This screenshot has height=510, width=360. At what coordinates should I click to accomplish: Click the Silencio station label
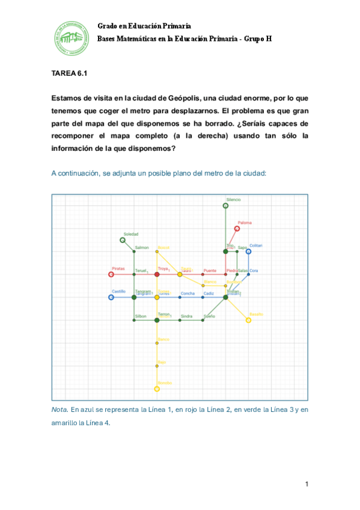(x=234, y=200)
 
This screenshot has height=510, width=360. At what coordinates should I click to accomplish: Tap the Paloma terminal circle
(x=237, y=229)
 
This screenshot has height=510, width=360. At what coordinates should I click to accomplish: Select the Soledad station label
(x=131, y=234)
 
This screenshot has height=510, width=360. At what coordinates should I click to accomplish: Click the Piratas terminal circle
(x=111, y=274)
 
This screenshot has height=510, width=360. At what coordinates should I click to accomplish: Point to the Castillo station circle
(x=111, y=297)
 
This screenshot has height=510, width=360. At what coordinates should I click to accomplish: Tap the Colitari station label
(x=256, y=245)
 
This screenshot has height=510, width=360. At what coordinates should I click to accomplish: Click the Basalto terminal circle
(x=248, y=320)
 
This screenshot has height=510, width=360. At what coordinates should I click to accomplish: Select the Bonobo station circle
(x=157, y=389)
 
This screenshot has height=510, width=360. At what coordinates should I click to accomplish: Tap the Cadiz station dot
(x=203, y=297)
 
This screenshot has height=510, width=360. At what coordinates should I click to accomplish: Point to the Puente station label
(x=210, y=271)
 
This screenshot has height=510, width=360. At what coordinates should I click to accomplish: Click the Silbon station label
(x=141, y=316)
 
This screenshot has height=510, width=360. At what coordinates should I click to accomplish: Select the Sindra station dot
(x=180, y=320)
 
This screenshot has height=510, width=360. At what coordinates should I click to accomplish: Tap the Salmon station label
(x=142, y=248)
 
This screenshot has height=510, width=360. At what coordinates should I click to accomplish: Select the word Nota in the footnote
(x=59, y=410)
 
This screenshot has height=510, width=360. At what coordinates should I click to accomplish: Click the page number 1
(x=307, y=484)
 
